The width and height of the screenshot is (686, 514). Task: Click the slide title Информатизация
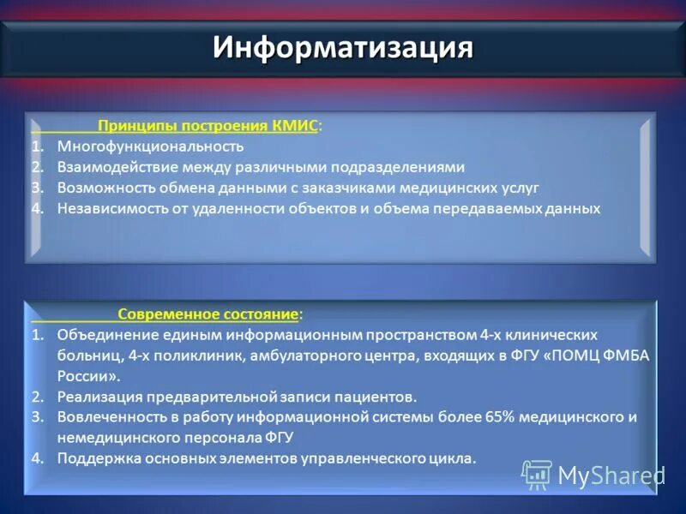[x=343, y=46]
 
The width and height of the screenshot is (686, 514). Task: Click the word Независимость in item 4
[x=107, y=208]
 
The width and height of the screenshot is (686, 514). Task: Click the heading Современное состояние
[x=208, y=314]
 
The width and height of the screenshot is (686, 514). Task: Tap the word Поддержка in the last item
[x=94, y=458]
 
